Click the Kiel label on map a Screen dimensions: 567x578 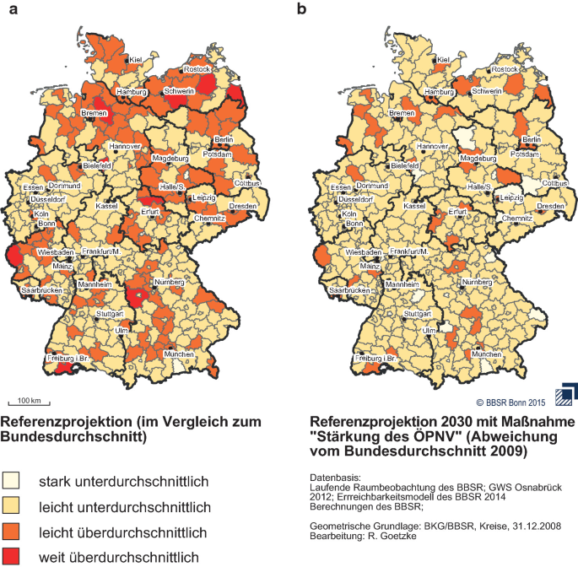(x=134, y=60)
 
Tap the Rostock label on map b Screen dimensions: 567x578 (x=505, y=67)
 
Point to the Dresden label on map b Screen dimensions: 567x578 (x=550, y=206)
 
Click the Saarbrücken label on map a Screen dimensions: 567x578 (x=43, y=290)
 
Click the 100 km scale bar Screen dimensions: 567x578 (x=32, y=402)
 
